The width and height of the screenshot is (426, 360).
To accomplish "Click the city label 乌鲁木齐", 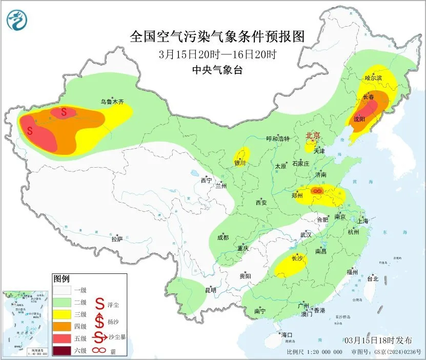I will coord(112,102).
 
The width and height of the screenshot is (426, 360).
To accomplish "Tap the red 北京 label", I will coord(313,136).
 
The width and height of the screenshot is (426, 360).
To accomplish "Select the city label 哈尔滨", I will coord(373,78).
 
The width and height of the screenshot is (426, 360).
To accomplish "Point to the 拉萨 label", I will coord(117,239).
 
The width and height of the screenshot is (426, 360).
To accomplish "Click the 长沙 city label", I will coord(297,258).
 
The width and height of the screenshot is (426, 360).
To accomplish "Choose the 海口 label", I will coord(287,335).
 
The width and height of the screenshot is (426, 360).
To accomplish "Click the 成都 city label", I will coord(222,237).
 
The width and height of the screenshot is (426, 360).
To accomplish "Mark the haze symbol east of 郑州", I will coord(317,191).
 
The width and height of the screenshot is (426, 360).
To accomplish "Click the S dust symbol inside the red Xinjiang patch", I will coord(30,131).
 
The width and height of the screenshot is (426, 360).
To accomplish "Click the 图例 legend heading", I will coord(61,279).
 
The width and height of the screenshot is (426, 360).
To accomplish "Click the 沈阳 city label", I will coord(359,119).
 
